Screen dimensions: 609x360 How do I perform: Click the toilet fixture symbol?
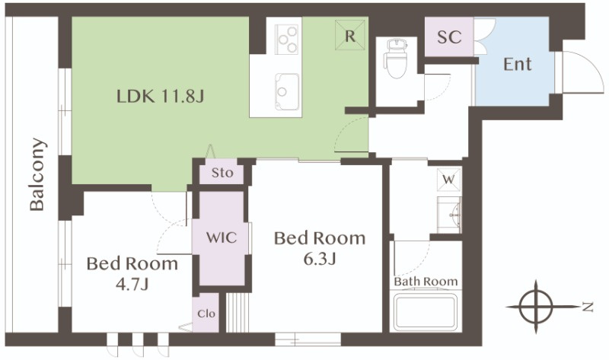click(x=396, y=59)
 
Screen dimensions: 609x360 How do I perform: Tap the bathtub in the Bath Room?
click(x=426, y=312)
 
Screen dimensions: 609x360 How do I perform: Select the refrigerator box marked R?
click(x=350, y=35)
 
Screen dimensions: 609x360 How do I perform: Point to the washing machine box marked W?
click(x=449, y=180)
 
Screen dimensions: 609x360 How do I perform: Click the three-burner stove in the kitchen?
click(x=286, y=39)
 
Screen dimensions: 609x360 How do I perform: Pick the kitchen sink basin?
click(x=287, y=91)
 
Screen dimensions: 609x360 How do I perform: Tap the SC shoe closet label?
click(x=449, y=37)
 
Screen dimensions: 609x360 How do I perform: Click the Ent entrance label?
click(x=518, y=64)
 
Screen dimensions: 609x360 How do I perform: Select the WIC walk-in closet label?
click(x=222, y=237)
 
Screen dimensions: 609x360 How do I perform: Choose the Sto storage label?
click(x=222, y=173)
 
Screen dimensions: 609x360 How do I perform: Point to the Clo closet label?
click(x=206, y=314)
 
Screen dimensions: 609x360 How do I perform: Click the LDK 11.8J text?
click(x=160, y=96)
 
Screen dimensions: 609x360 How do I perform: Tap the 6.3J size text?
click(x=319, y=259)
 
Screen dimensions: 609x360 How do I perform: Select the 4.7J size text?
click(x=132, y=285)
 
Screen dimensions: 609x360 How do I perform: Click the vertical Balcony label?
click(x=37, y=174)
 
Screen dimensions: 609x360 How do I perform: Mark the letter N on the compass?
click(x=588, y=307)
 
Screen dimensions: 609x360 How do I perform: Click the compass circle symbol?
click(x=536, y=307)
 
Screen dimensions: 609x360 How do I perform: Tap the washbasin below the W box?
click(x=449, y=215)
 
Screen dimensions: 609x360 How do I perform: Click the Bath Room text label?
click(x=426, y=281)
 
